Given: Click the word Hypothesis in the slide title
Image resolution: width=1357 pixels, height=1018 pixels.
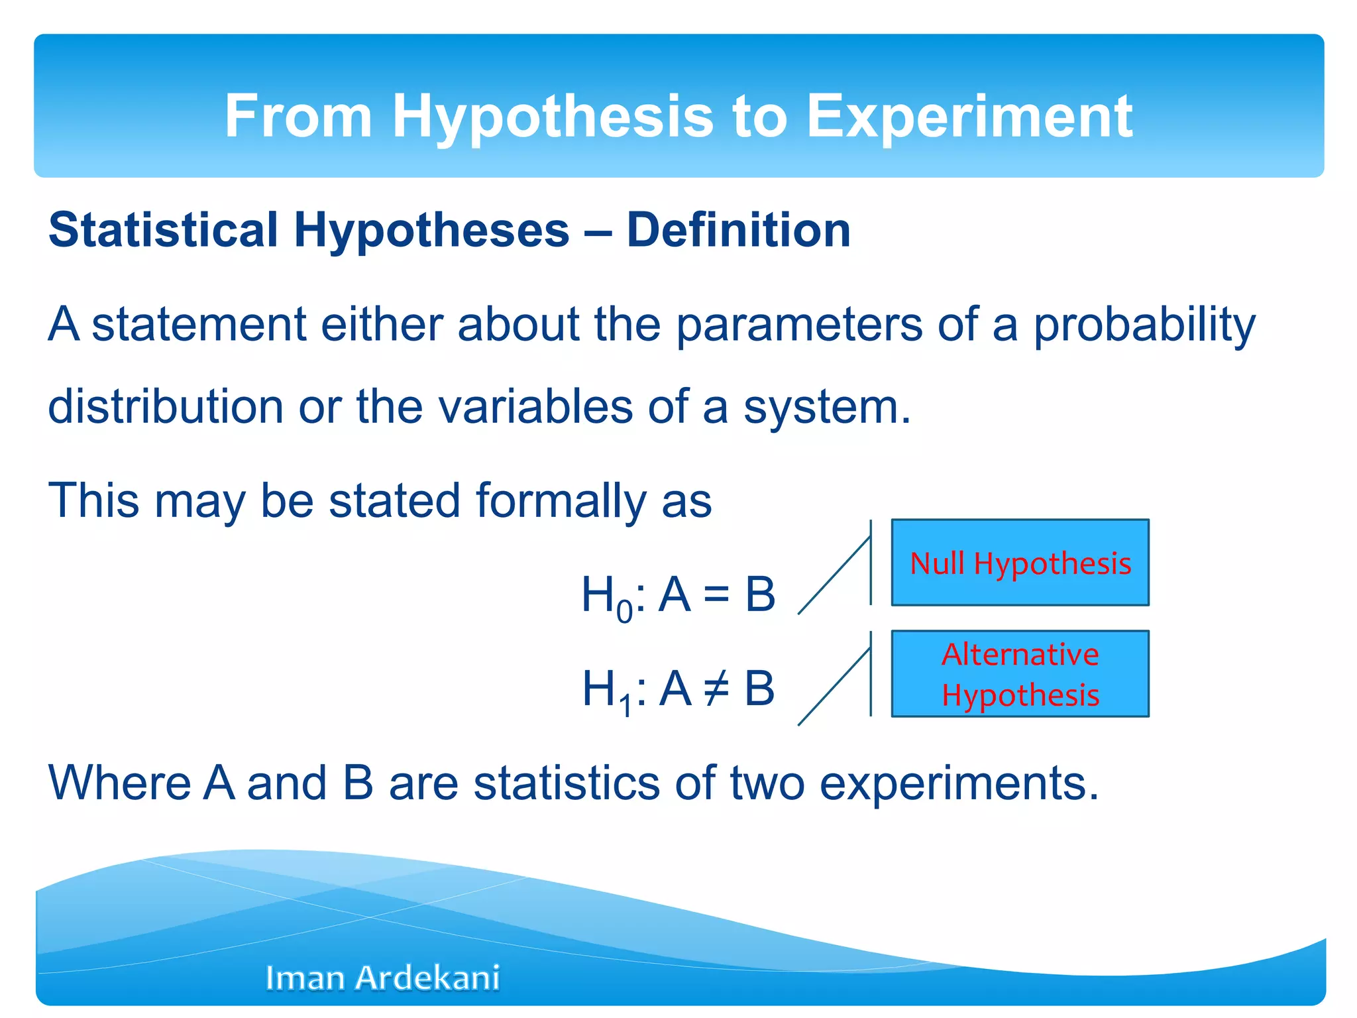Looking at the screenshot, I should point(553,117).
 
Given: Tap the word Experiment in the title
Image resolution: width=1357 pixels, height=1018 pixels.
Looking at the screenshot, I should point(969,117).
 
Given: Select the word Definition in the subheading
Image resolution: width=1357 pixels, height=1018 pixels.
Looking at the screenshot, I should point(738,230).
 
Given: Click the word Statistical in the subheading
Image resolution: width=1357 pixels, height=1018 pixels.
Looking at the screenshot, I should point(163,230).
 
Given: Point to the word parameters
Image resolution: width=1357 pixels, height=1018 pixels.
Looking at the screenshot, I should point(798,325).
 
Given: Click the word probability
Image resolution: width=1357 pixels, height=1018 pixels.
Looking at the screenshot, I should point(1144,325).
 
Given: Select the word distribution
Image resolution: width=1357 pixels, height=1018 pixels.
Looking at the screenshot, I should point(166,406).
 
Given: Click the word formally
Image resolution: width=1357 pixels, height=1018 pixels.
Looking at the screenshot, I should point(561,501).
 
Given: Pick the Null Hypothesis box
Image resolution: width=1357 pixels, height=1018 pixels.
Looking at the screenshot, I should point(1020,563).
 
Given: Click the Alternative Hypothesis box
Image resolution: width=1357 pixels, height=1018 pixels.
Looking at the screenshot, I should point(1020,674).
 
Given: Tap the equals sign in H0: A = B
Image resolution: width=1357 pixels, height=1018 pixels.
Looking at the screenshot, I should point(716,594).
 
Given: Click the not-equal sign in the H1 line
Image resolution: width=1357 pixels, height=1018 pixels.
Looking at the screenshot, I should point(716,688).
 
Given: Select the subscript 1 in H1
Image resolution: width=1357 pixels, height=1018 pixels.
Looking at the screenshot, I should point(625,707).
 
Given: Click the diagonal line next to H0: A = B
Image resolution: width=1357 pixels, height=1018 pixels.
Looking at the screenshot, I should point(834,576).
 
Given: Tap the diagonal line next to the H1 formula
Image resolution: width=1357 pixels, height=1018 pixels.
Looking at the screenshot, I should point(834,687).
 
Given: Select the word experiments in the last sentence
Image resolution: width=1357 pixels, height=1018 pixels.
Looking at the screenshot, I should point(959,783).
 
